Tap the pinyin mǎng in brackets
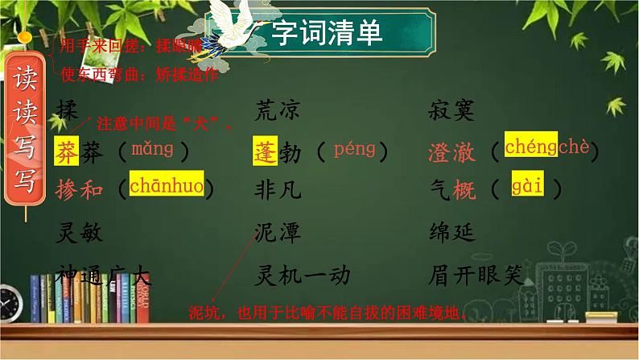[152, 149]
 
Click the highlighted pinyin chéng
[530, 147]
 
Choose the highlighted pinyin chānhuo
[166, 186]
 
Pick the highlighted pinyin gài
[527, 188]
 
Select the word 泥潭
[278, 233]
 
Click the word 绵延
[453, 233]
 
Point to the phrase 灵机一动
[302, 275]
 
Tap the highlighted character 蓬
[265, 151]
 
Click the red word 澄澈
[453, 151]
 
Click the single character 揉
[68, 110]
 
